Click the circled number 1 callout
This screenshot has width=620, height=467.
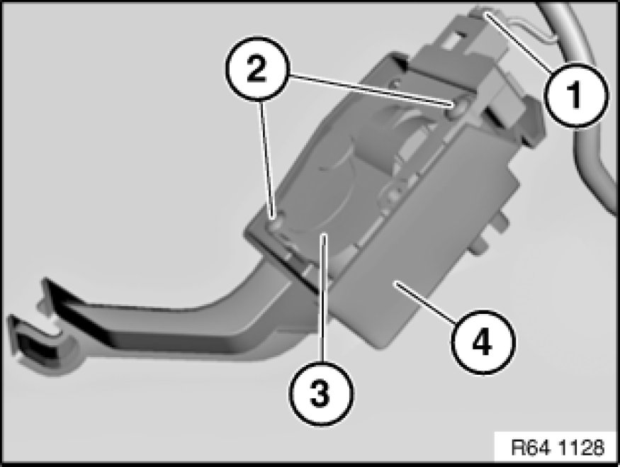[x=575, y=95]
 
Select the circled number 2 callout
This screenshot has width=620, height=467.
[x=257, y=69]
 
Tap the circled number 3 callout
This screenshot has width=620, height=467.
[x=321, y=393]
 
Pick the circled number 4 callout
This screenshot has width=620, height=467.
[x=483, y=342]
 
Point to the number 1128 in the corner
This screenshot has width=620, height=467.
[x=582, y=447]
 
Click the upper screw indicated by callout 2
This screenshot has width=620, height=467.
[x=455, y=108]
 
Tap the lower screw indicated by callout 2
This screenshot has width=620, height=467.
[x=276, y=223]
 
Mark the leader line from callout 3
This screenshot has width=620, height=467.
[x=324, y=298]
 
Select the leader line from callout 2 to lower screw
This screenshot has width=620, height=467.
[x=266, y=159]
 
